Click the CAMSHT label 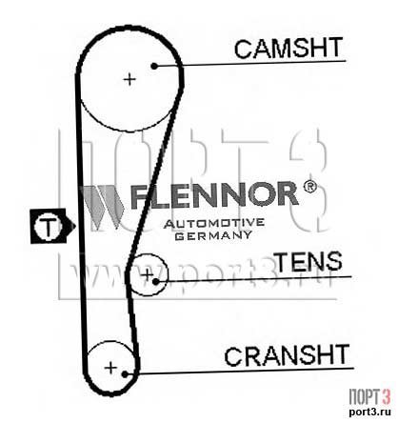pos(289,48)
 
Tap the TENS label pos(309,261)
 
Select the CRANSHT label pos(287,354)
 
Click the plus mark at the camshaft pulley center pos(129,79)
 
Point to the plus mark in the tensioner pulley pos(147,274)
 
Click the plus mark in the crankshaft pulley pos(110,368)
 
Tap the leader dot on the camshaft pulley pos(154,66)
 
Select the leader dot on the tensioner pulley pos(155,281)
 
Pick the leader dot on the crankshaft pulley pos(125,374)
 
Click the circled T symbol pos(48,227)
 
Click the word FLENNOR pos(214,194)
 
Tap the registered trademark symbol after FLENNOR pos(310,188)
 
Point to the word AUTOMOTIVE pos(214,224)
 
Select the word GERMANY pos(214,235)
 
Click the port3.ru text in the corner pos(369,412)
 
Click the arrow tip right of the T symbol pos(75,226)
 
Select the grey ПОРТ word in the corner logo pos(364,397)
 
